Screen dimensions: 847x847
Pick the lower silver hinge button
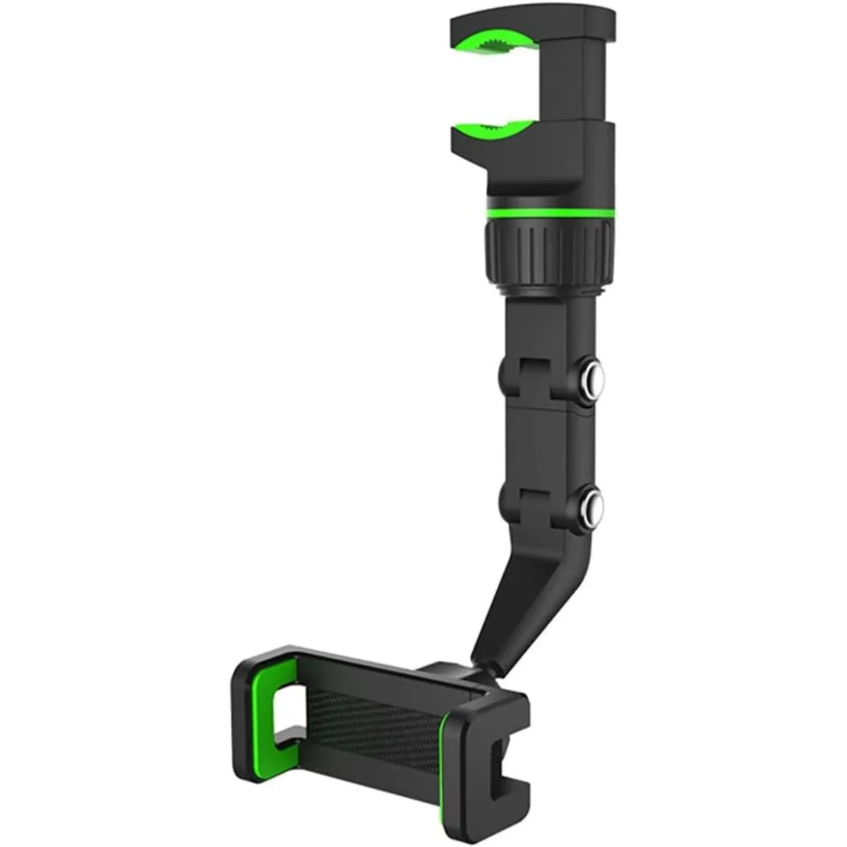tap(596, 506)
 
